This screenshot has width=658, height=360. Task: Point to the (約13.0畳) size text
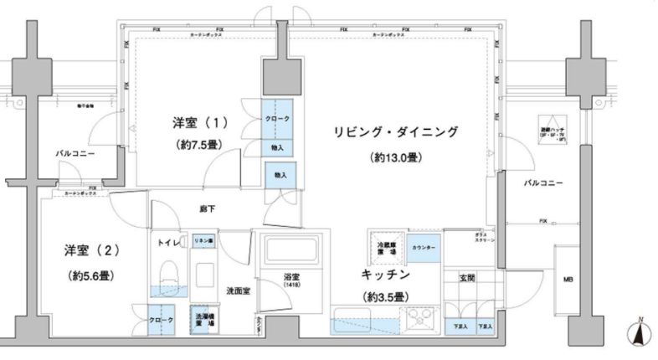point(397,157)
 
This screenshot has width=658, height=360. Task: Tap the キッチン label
point(385,274)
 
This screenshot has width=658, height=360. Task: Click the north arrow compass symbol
point(639,332)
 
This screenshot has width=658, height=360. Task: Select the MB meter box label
point(567,279)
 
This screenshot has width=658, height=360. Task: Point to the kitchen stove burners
point(419,319)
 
